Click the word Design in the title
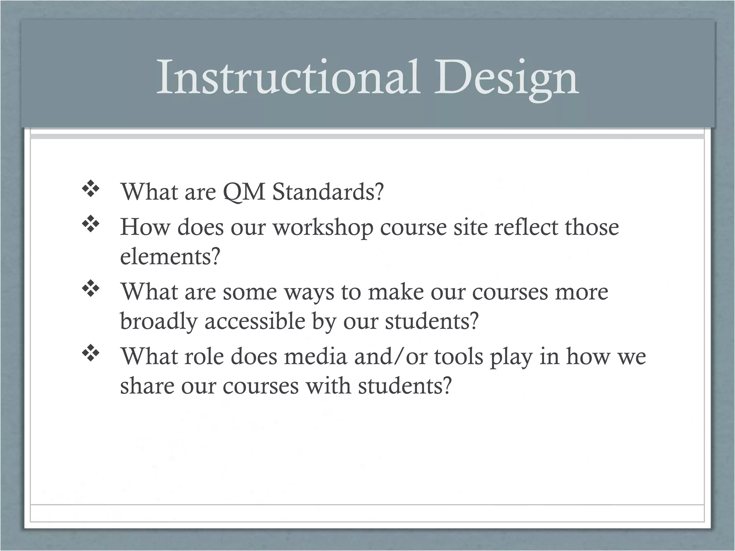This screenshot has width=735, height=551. click(x=506, y=78)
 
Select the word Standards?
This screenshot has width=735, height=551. click(x=328, y=192)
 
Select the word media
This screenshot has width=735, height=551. click(x=315, y=357)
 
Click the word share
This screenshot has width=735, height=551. click(x=147, y=386)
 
